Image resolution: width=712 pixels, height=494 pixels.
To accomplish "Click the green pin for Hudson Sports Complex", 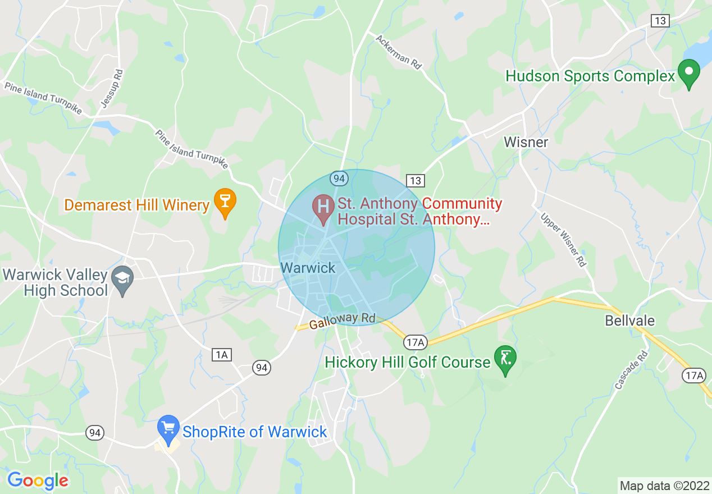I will pos(689,73).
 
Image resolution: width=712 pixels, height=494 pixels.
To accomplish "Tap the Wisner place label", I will pos(526,142).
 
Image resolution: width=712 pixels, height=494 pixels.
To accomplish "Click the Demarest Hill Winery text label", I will pos(137,205).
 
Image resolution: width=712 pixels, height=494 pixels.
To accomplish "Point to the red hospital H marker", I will pos(323,207).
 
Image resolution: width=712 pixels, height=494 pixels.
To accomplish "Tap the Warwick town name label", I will pos(308,268).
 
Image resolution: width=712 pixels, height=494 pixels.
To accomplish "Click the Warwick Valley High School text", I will pos(55,282).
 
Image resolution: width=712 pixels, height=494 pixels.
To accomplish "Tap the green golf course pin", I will pos(505,359).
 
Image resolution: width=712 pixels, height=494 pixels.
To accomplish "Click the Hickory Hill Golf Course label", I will pos(408,363).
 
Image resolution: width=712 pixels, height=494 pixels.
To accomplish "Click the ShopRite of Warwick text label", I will pos(254,432).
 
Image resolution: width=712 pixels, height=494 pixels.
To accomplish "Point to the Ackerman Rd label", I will pos(398,52).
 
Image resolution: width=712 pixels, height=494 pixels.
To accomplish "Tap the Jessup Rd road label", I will pos(111,88).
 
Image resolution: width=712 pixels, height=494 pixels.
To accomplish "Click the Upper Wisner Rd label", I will pos(563,240).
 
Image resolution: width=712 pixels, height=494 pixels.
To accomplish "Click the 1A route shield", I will pos(222,354).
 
